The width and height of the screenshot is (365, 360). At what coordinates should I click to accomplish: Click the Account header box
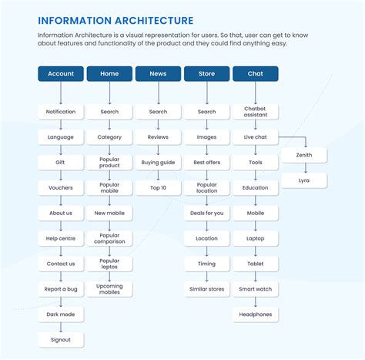pyautogui.click(x=61, y=74)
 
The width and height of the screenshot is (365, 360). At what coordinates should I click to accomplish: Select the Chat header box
pyautogui.click(x=255, y=74)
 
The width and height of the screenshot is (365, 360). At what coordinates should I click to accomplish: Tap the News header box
pyautogui.click(x=158, y=74)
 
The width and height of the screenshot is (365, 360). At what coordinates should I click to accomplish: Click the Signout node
pyautogui.click(x=61, y=339)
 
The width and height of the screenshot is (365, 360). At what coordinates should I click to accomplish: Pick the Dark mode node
pyautogui.click(x=61, y=315)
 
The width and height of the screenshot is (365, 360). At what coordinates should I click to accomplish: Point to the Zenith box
pyautogui.click(x=304, y=155)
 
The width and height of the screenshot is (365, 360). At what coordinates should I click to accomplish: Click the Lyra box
pyautogui.click(x=304, y=180)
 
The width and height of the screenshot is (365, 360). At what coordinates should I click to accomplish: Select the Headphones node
pyautogui.click(x=255, y=315)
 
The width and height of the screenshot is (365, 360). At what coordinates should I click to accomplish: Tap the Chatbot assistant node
pyautogui.click(x=255, y=112)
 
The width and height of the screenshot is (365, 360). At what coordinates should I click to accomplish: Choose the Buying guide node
pyautogui.click(x=158, y=163)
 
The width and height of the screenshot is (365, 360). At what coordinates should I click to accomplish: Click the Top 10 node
pyautogui.click(x=158, y=188)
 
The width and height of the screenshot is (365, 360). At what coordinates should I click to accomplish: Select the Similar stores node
pyautogui.click(x=206, y=289)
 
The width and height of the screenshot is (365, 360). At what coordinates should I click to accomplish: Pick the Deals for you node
pyautogui.click(x=206, y=213)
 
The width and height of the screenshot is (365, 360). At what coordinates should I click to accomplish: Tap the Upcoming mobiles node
pyautogui.click(x=109, y=289)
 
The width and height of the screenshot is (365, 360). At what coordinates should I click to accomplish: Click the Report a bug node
pyautogui.click(x=61, y=289)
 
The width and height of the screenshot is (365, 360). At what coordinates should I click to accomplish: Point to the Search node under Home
pyautogui.click(x=109, y=112)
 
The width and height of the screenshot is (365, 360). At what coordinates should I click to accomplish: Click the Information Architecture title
pyautogui.click(x=116, y=21)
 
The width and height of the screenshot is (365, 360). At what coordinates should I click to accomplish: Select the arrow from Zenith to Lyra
pyautogui.click(x=304, y=167)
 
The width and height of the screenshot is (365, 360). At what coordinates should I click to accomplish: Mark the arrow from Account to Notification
pyautogui.click(x=61, y=93)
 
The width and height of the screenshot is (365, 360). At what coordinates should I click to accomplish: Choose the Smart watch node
pyautogui.click(x=255, y=289)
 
